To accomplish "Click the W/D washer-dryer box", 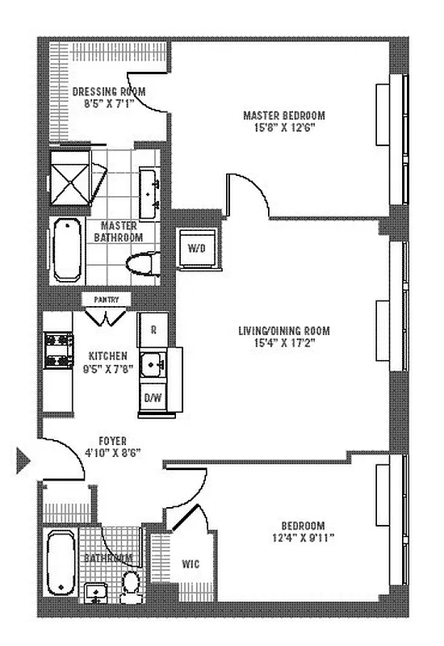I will tap(195, 248).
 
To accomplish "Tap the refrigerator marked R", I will tap(151, 329).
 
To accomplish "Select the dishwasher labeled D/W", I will tap(151, 397).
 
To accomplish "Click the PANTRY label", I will tap(107, 300).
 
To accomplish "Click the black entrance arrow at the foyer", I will tap(23, 463).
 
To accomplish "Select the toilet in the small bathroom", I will tap(129, 583).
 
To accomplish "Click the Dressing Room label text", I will tap(109, 91).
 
